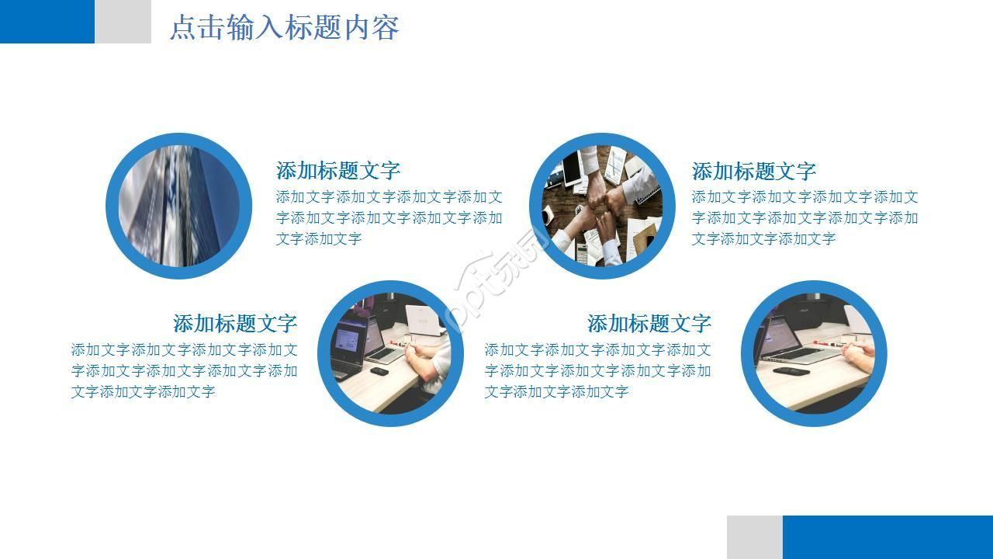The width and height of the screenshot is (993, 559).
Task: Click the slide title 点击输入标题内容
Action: [x=284, y=28]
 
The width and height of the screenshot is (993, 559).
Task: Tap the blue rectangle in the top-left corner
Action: [x=47, y=21]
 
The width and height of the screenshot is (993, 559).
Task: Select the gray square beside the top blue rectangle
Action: [x=123, y=21]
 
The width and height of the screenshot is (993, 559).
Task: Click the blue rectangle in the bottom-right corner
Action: [x=887, y=536]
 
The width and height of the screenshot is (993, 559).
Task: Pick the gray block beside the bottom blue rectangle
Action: [x=754, y=536]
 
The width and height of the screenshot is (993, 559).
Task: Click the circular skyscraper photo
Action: [x=178, y=206]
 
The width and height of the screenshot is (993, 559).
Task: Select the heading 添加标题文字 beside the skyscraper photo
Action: [x=338, y=171]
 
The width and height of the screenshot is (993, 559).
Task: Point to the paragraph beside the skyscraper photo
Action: [x=389, y=218]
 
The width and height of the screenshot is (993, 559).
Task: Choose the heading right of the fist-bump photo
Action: [x=753, y=171]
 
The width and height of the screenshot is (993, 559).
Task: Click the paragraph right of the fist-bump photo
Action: [x=804, y=218]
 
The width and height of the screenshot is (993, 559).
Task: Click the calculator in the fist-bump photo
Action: [x=580, y=252]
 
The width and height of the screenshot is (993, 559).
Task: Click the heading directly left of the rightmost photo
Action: [x=649, y=323]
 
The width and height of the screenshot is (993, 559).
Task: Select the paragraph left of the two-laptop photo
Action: [x=184, y=371]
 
